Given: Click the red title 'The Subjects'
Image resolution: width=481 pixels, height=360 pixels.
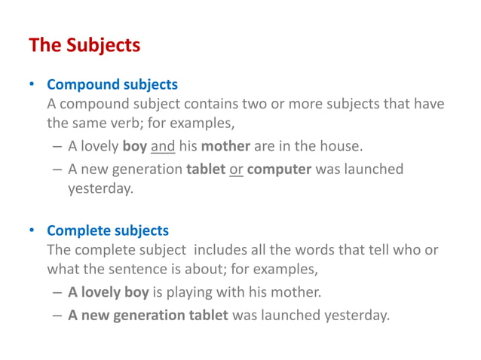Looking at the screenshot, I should click(84, 45).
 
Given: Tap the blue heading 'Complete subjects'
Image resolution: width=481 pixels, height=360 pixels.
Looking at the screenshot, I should click(108, 230).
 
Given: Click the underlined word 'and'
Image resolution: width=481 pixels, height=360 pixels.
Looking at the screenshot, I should click(163, 146).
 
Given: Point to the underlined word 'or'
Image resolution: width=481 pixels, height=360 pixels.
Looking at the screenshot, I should click(236, 169).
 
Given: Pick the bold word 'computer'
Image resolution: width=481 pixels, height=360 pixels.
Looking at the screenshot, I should click(279, 169).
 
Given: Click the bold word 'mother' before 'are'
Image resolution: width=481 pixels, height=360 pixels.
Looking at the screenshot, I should click(225, 146).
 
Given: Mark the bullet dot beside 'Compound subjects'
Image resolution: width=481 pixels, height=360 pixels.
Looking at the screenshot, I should click(32, 84).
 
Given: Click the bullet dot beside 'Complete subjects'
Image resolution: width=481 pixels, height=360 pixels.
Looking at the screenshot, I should click(32, 230).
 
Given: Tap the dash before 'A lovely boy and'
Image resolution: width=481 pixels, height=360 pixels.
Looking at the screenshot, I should click(58, 146).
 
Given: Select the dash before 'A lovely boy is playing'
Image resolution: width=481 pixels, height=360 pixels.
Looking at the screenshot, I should click(58, 292).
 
